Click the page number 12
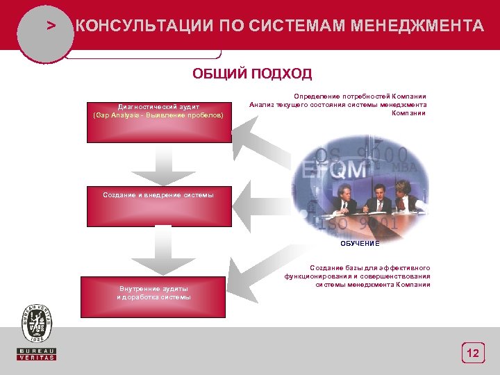click(x=473, y=354)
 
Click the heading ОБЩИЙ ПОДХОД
click(x=252, y=74)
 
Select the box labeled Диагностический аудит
click(x=159, y=122)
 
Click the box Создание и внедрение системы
click(x=159, y=206)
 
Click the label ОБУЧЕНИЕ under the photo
click(x=360, y=244)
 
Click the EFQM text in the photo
click(x=327, y=169)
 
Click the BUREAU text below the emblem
click(x=37, y=350)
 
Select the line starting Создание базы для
click(x=369, y=267)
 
